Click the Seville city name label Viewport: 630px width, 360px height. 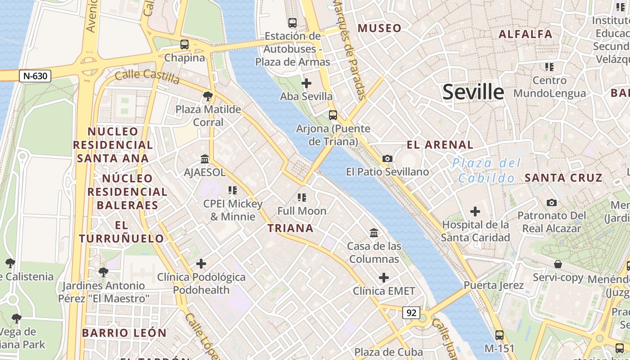pos(473,92)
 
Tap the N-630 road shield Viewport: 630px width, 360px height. pos(35,76)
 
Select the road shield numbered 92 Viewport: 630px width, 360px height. pos(411,313)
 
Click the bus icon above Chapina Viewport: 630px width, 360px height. pos(184,45)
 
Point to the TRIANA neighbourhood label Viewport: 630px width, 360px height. pos(290,228)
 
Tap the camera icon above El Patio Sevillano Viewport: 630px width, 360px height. pos(387,158)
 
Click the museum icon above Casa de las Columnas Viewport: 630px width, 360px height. pos(374,233)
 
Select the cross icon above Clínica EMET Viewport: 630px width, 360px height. pos(383,278)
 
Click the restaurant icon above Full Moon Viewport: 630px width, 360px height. pos(301,198)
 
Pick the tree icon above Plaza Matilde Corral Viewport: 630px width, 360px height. pos(207,96)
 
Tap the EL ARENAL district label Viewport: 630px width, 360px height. pos(440,145)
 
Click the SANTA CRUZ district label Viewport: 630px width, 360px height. pos(563,178)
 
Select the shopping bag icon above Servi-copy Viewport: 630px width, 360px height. pos(558,264)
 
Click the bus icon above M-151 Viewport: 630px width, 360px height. pos(499,335)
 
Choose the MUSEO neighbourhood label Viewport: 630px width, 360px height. pos(379,28)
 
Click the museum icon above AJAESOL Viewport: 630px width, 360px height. pos(205,159)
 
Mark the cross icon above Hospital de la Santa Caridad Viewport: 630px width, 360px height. pos(475,211)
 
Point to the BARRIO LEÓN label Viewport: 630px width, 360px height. pos(124,333)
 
